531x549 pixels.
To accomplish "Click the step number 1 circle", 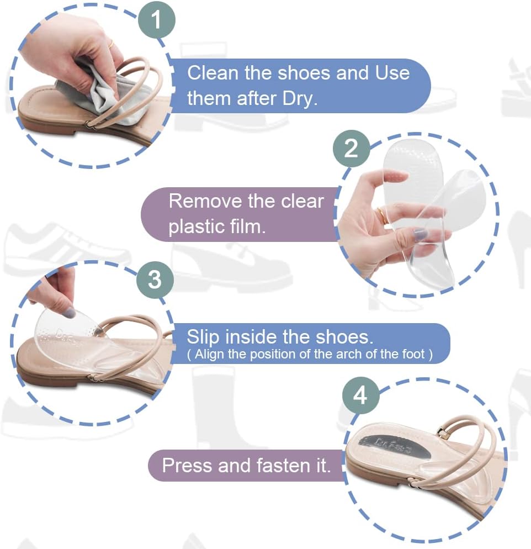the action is tap(156, 19).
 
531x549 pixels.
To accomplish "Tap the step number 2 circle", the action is tap(351, 149).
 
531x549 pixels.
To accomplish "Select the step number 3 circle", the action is tap(155, 280).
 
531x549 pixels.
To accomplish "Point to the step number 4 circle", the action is tap(360, 395).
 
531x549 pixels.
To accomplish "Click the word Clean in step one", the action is tap(213, 73).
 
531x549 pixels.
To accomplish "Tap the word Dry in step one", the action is tap(300, 98).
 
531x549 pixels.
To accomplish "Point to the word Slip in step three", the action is tap(203, 337).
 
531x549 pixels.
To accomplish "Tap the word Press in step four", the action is tap(187, 466).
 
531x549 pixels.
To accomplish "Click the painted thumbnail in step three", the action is tap(70, 312).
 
